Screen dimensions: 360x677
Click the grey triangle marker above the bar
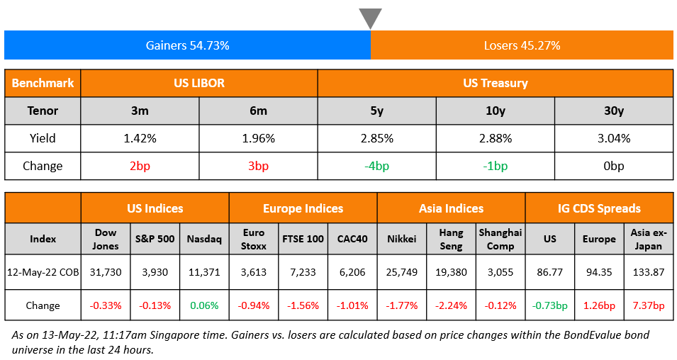(370, 18)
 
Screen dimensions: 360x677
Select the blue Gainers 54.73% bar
(187, 45)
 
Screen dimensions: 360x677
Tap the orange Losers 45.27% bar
(522, 45)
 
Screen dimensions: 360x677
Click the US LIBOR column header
(199, 83)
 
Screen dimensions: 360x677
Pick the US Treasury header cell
(495, 83)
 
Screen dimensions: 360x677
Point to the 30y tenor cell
(613, 111)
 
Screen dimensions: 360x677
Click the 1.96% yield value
(258, 138)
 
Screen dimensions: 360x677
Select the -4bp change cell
(376, 166)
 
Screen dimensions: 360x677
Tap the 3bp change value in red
(258, 166)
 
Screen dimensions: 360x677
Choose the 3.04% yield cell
(613, 138)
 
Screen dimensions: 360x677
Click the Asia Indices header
(451, 208)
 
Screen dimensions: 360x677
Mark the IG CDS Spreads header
(599, 208)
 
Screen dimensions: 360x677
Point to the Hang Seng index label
(451, 239)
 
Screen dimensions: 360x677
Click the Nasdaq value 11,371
(204, 271)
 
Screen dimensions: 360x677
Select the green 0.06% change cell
(204, 305)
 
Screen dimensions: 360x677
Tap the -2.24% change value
(451, 305)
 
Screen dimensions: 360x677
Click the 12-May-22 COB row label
(43, 271)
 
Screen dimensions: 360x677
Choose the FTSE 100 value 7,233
(303, 271)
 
